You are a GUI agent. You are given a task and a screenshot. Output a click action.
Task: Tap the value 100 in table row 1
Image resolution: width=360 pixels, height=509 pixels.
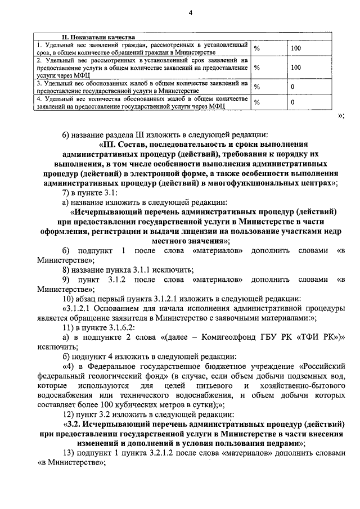click(296, 48)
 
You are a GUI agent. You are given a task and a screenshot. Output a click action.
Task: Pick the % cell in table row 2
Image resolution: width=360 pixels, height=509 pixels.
click(257, 67)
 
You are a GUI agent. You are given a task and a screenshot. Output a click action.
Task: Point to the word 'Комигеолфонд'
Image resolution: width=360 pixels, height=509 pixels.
click(216, 337)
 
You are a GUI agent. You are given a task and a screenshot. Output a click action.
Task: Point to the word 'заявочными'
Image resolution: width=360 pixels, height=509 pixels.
click(256, 318)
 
